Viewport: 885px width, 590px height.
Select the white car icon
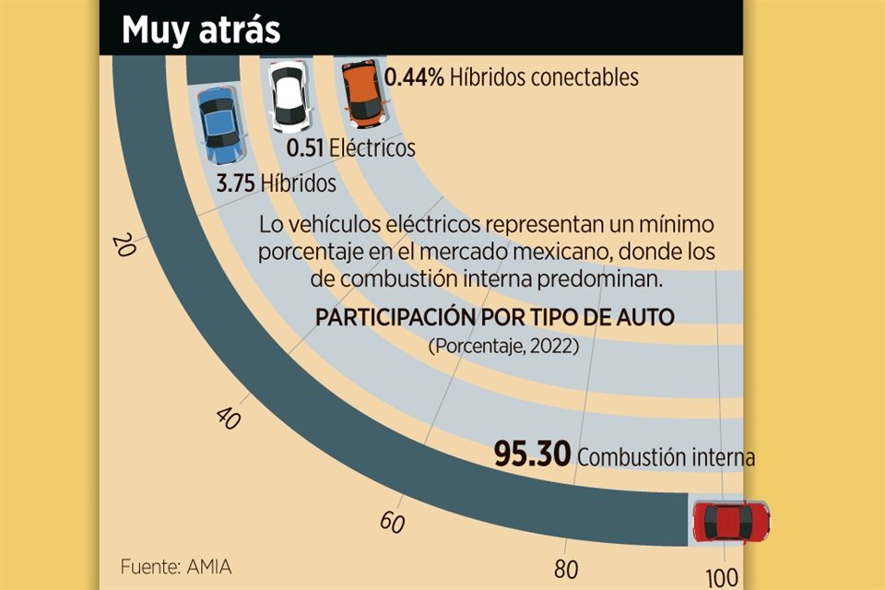click(288, 96)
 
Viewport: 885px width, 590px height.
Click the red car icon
click(731, 523)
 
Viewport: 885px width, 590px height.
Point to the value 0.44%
click(414, 77)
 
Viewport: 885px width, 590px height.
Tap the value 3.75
click(235, 183)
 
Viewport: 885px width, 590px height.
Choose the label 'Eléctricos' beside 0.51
click(372, 147)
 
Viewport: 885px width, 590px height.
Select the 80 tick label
click(565, 569)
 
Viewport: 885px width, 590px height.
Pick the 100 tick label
click(723, 578)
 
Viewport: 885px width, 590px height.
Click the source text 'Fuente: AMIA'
click(175, 565)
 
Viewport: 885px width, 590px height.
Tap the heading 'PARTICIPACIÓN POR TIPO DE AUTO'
click(495, 317)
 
